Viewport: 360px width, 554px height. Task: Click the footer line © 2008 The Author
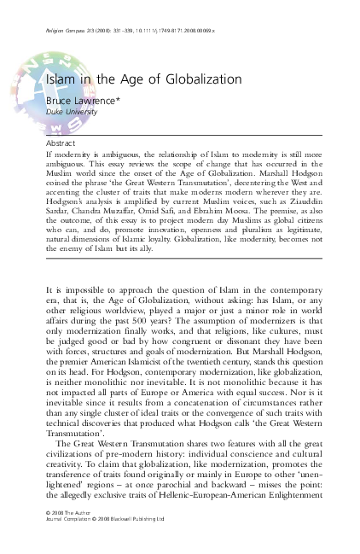click(69, 534)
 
